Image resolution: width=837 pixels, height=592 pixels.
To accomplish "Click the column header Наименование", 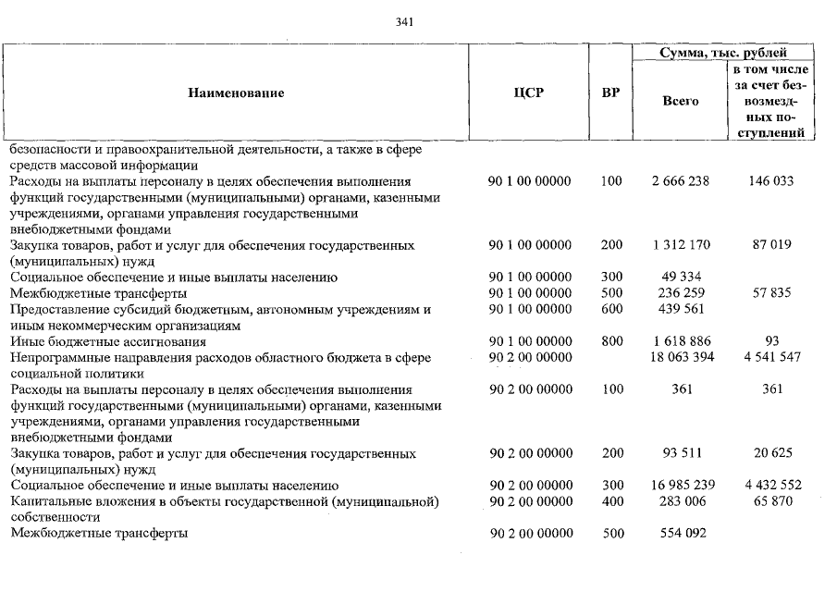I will pyautogui.click(x=236, y=92).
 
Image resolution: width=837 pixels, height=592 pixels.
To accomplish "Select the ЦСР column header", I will pyautogui.click(x=529, y=92).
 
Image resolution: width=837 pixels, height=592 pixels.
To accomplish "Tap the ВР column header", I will pyautogui.click(x=610, y=92).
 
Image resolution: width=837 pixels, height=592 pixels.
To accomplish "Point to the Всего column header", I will pyautogui.click(x=681, y=101).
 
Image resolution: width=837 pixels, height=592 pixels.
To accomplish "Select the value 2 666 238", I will pyautogui.click(x=681, y=181).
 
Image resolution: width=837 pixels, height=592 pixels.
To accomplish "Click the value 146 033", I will pyautogui.click(x=770, y=181).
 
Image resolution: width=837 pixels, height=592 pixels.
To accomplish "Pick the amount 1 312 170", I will pyautogui.click(x=681, y=245).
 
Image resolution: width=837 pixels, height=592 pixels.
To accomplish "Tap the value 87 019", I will pyautogui.click(x=770, y=245).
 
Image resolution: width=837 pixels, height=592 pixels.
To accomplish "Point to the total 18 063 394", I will pyautogui.click(x=681, y=357).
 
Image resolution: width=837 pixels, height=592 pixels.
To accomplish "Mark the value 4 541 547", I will pyautogui.click(x=770, y=357).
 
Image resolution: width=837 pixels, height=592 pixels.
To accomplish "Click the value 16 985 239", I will pyautogui.click(x=681, y=486).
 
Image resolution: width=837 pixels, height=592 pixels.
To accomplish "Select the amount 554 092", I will pyautogui.click(x=681, y=534).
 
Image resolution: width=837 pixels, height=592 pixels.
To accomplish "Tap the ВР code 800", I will pyautogui.click(x=610, y=341).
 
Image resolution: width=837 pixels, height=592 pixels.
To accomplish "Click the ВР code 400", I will pyautogui.click(x=610, y=501).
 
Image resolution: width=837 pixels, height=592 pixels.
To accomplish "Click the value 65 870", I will pyautogui.click(x=770, y=501).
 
